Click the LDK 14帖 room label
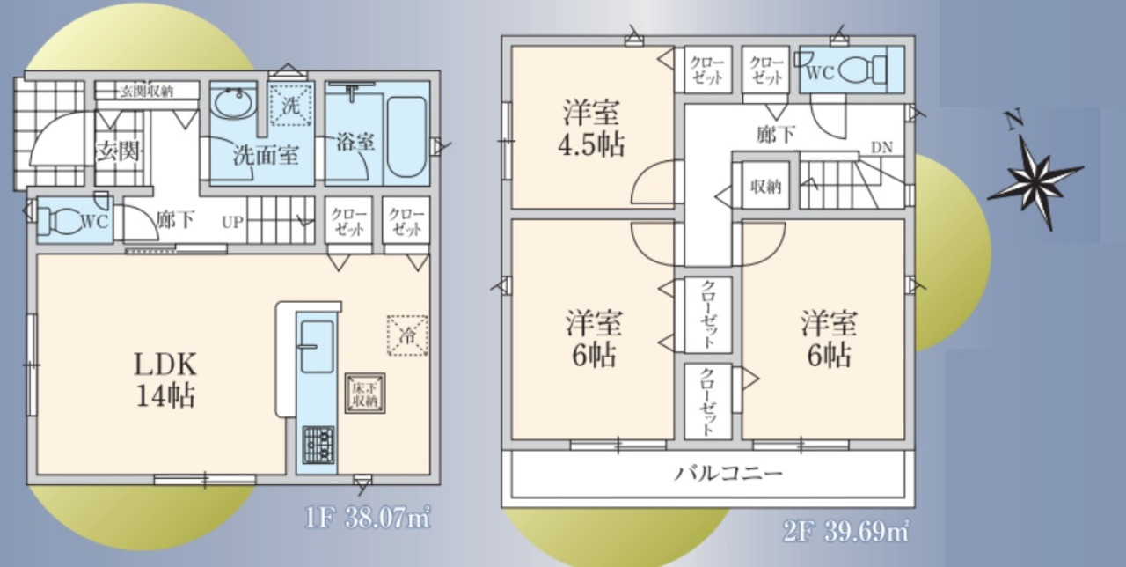click(x=165, y=379)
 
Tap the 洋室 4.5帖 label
click(x=591, y=129)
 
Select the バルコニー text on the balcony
click(x=728, y=474)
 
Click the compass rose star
click(x=1035, y=182)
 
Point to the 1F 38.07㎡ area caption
click(x=368, y=518)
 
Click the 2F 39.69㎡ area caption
click(x=846, y=531)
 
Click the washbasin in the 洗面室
click(x=233, y=103)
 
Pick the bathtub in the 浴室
click(x=406, y=136)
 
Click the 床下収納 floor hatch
click(x=365, y=394)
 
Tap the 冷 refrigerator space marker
click(x=407, y=335)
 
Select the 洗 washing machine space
click(x=290, y=105)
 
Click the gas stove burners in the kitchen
click(x=318, y=445)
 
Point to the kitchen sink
click(x=317, y=347)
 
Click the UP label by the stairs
click(x=233, y=222)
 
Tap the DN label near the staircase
click(x=881, y=147)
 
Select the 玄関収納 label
click(x=147, y=92)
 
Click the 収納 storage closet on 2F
click(x=765, y=186)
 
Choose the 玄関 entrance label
click(x=118, y=151)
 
